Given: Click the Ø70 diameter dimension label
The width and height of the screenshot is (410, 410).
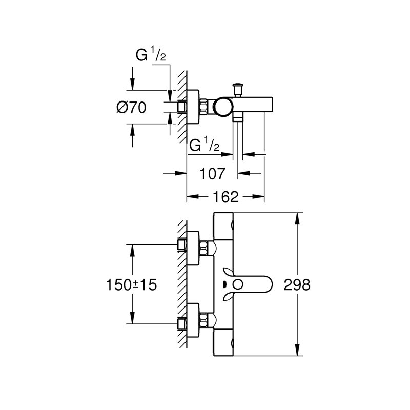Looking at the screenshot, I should (132, 107).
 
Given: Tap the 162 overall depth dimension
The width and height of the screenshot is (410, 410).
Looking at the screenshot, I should (226, 196).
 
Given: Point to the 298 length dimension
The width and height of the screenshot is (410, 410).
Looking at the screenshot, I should (297, 285).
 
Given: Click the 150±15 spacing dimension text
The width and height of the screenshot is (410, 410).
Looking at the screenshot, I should (131, 285).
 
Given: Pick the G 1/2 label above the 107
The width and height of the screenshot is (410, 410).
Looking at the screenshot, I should (204, 145).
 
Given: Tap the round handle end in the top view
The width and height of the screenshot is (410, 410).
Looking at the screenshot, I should (223, 107).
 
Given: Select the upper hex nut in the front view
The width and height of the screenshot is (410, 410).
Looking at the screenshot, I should (207, 248).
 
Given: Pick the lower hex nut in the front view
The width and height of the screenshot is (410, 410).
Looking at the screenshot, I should (207, 322).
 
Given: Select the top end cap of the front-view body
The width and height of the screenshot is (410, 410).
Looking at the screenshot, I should (224, 225).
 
